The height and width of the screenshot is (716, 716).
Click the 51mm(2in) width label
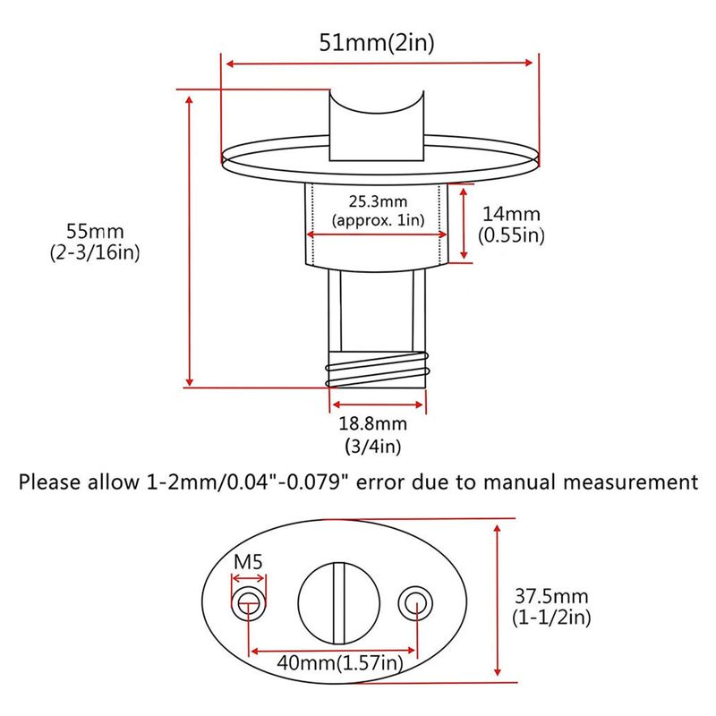[377, 43]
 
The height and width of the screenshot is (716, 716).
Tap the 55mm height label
[95, 231]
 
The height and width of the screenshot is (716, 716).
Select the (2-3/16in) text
[95, 252]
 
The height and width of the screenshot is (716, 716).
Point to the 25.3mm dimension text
[378, 201]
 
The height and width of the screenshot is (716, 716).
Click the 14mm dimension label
[511, 214]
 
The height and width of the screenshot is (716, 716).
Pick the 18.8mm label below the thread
[372, 423]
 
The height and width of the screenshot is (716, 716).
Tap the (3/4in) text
[373, 446]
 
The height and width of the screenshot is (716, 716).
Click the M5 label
[249, 562]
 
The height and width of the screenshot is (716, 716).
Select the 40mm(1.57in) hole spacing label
[340, 662]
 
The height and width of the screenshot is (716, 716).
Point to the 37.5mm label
[551, 596]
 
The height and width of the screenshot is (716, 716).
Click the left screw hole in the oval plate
[249, 603]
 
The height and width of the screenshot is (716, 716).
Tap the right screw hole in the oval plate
[415, 603]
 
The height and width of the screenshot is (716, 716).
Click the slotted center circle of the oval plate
[339, 603]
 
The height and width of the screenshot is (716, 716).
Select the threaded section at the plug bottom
[377, 370]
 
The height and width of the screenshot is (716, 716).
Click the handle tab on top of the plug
[377, 125]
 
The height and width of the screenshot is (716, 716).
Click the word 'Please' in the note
[50, 482]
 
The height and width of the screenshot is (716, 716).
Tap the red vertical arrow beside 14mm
[464, 224]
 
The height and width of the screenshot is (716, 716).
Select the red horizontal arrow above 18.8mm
[378, 405]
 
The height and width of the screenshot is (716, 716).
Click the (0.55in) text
[511, 235]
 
